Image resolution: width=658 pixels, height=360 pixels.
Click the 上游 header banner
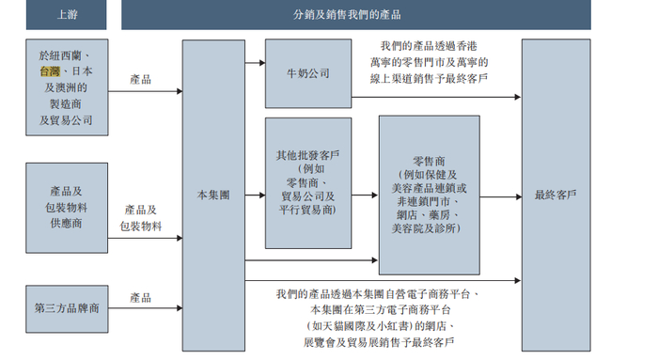67,15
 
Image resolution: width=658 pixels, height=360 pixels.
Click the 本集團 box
213,196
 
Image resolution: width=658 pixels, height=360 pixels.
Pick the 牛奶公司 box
308,73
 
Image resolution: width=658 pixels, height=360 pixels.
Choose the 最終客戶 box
556,196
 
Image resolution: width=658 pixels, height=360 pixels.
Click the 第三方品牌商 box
67,308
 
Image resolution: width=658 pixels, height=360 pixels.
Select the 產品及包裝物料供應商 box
67,208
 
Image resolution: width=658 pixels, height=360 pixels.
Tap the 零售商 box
429,196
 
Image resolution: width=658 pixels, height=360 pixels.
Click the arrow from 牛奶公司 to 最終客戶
436,97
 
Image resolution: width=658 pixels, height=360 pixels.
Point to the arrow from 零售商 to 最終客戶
500,196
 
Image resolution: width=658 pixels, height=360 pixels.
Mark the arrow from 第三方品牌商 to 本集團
145,308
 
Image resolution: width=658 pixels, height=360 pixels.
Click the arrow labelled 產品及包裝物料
145,238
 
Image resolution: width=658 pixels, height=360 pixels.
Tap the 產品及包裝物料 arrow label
141,218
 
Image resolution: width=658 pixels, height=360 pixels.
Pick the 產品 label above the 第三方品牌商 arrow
141,297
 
